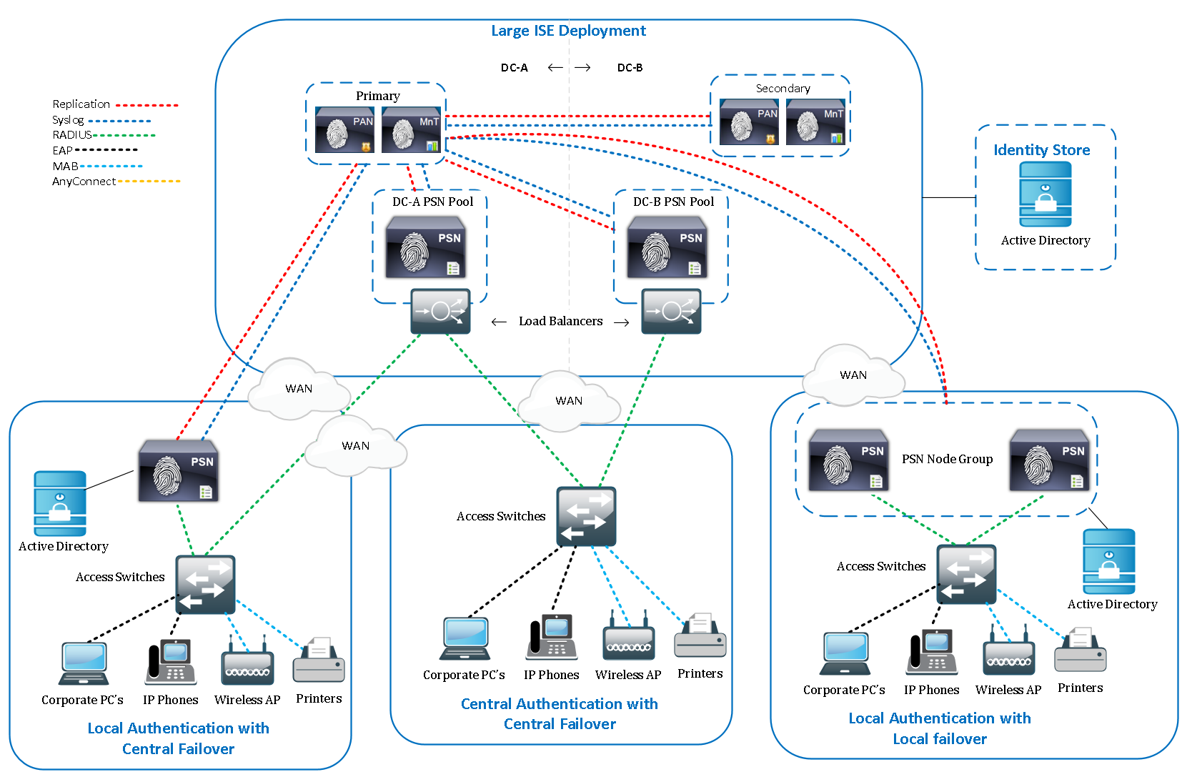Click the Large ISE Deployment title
click(568, 31)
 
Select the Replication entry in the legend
click(81, 104)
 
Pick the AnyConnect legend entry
click(84, 182)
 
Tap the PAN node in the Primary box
click(344, 129)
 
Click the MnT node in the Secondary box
click(815, 122)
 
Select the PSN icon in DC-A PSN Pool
click(426, 248)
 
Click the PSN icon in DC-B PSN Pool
click(667, 248)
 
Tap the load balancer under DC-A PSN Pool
click(440, 311)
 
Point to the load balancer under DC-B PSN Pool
click(671, 311)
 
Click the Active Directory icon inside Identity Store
click(1045, 194)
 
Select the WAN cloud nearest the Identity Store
click(853, 375)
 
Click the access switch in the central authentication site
click(586, 516)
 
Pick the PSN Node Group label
click(947, 459)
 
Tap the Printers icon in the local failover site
click(1080, 650)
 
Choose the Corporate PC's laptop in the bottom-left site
click(84, 664)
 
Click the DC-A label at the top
click(514, 68)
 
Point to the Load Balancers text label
click(560, 322)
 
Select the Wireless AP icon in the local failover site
click(1008, 652)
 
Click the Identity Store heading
click(1041, 150)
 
